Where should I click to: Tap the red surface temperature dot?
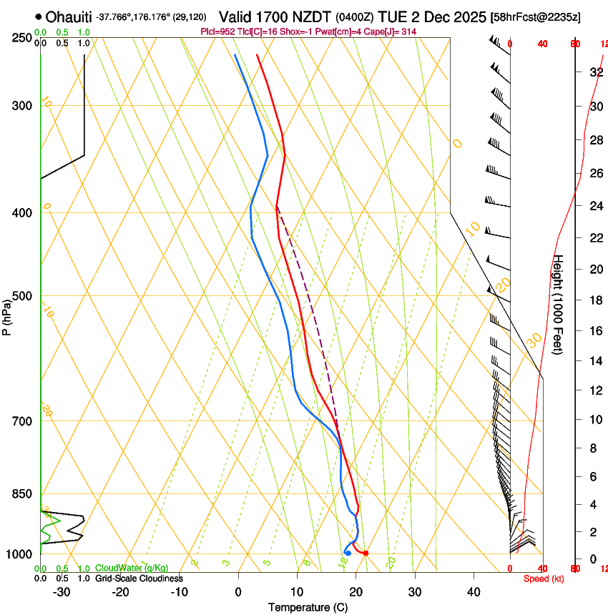click(x=366, y=553)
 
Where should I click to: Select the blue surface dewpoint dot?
click(x=348, y=553)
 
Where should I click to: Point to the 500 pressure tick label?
click(x=22, y=296)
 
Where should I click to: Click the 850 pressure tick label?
click(x=22, y=494)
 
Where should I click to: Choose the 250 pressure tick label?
click(x=22, y=38)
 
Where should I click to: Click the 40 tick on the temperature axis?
click(x=474, y=591)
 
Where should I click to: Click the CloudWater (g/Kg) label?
click(x=131, y=569)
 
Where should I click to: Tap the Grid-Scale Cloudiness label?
click(x=139, y=579)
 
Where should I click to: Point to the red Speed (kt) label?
click(x=543, y=579)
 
